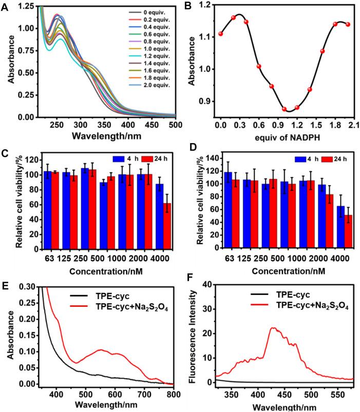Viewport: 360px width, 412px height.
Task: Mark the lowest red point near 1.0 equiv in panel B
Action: (x=284, y=109)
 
